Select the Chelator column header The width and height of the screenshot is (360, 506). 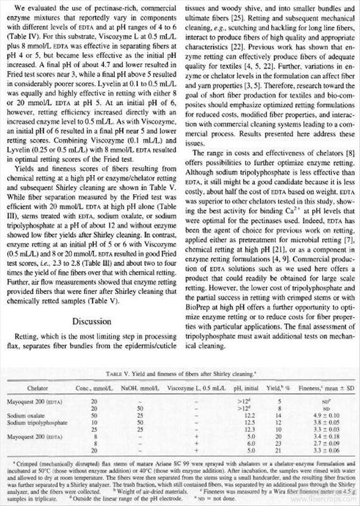[x=38, y=388]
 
